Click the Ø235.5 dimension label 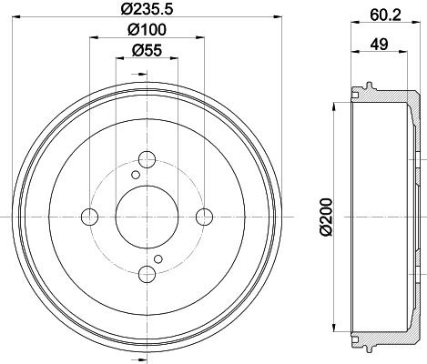pos(147,8)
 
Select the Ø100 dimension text pos(147,29)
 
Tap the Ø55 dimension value pos(147,50)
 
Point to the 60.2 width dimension pos(385,15)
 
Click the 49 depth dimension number pos(379,45)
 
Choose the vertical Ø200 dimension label pos(326,217)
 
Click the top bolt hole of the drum pos(147,159)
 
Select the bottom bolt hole pos(147,274)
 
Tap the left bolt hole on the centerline pos(90,217)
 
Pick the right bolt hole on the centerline pos(204,217)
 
